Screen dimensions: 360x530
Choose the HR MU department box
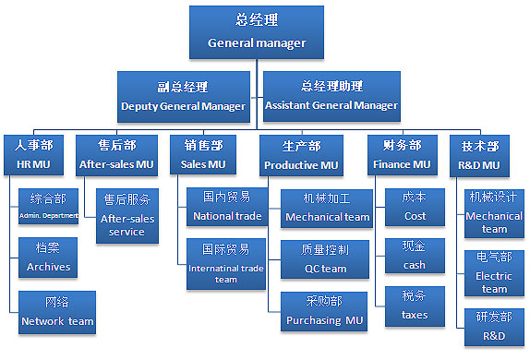(x=34, y=154)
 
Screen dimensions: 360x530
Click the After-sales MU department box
(x=117, y=154)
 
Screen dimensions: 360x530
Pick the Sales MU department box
(x=203, y=154)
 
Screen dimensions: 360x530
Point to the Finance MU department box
(x=402, y=154)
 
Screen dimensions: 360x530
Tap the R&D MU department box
(x=480, y=154)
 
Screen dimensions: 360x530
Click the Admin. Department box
(x=49, y=207)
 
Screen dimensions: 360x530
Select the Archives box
(x=49, y=258)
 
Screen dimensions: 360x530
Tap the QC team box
(x=326, y=258)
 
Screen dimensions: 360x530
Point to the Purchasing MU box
(x=326, y=312)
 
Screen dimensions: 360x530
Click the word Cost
(x=416, y=216)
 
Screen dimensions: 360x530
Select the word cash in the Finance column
(x=415, y=265)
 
